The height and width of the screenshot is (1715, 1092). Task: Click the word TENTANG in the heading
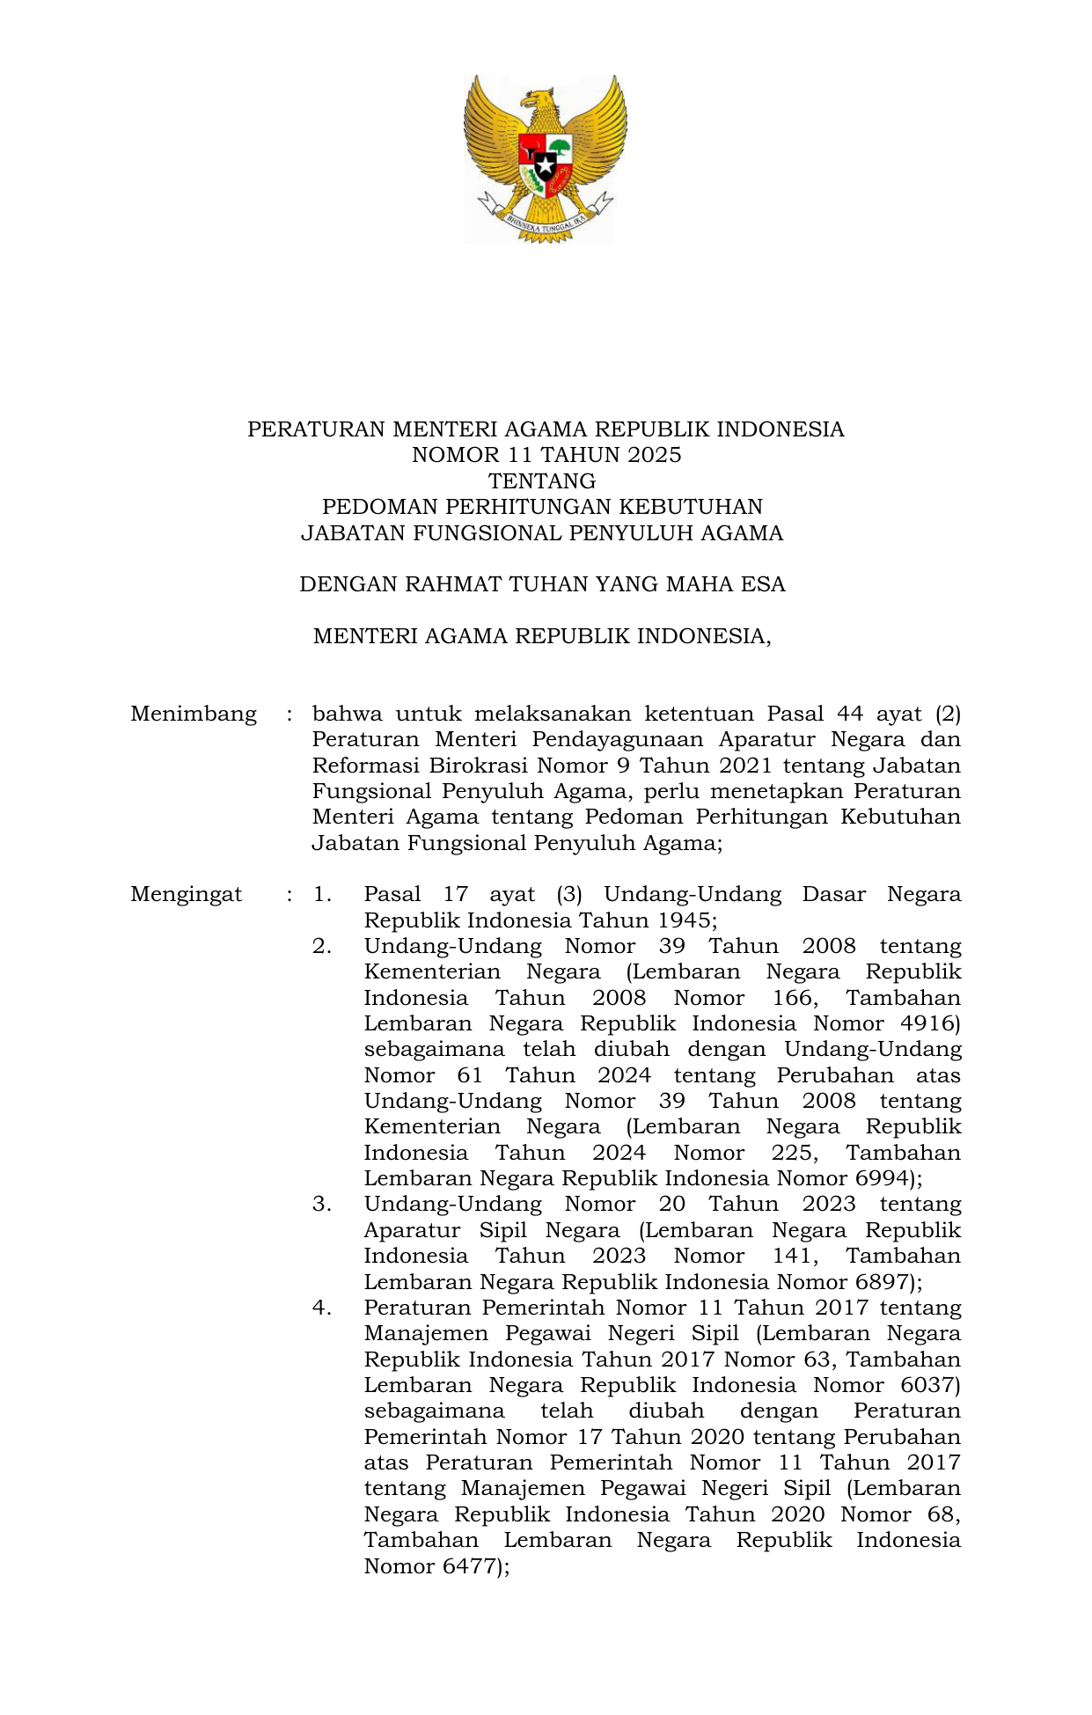coord(542,481)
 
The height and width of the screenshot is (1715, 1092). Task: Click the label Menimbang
coord(194,714)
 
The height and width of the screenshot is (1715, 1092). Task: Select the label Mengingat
coord(187,895)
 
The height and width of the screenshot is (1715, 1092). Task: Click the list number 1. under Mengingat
coord(322,895)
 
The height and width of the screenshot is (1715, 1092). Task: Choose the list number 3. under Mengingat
coord(322,1205)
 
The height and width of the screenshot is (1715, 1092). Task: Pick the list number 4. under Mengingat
coord(322,1308)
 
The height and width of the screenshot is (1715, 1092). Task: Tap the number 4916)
coord(931,1024)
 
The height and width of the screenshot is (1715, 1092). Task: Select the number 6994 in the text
coord(881,1179)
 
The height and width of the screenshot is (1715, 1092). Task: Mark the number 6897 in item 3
coord(881,1282)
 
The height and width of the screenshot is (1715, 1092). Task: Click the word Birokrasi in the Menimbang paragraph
coord(478,766)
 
